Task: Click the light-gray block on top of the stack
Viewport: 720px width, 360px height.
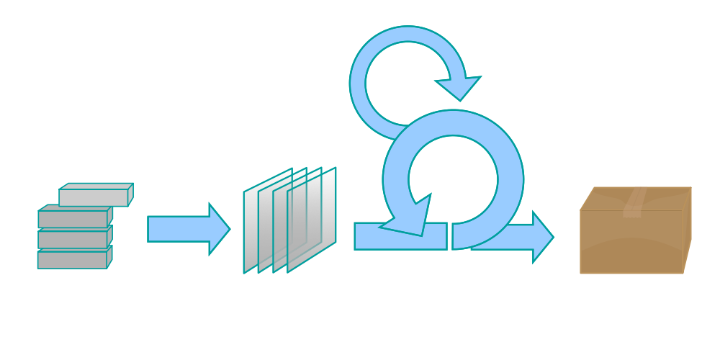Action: click(94, 196)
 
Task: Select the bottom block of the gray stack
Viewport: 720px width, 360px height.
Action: click(72, 260)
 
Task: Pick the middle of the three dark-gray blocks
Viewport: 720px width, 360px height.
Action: click(72, 239)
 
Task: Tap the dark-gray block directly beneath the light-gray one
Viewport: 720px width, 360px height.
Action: click(72, 219)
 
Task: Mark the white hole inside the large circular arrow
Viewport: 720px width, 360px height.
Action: click(452, 176)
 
